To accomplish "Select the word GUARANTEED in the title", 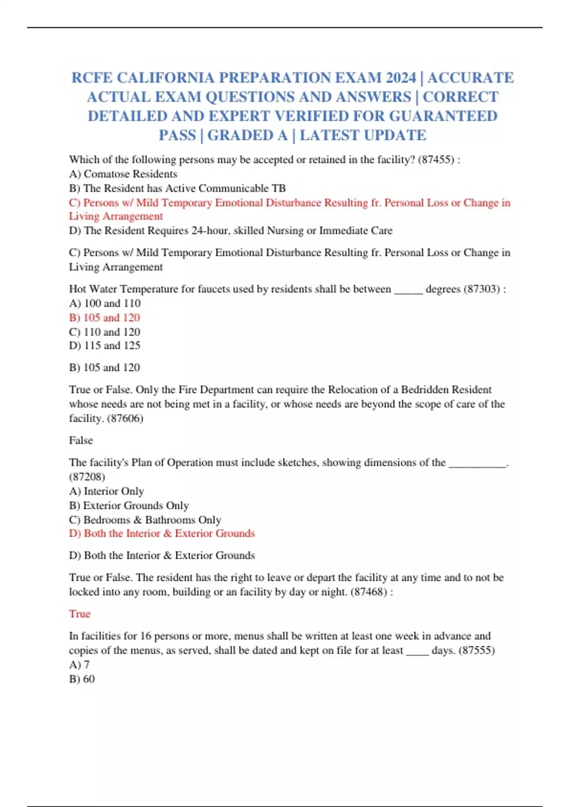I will [443, 116].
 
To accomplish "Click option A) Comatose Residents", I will [123, 174].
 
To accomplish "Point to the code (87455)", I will [436, 160].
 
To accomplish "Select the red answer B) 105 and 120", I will [104, 318].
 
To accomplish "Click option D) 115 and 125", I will [104, 346].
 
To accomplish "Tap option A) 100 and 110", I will [104, 303].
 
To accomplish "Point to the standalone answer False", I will [81, 441].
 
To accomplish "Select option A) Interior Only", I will [106, 491].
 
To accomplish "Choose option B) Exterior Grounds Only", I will [129, 506].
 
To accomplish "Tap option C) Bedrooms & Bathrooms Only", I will [145, 520].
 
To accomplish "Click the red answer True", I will [79, 614].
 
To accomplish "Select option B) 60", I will [82, 679].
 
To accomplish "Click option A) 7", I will [79, 665].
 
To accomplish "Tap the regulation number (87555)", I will [476, 650].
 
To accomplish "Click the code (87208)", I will [87, 477].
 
